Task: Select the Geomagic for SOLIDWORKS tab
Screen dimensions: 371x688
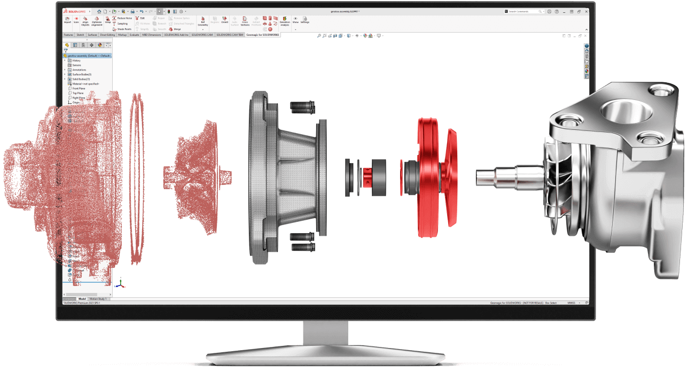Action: click(262, 35)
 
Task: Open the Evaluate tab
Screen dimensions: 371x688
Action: click(134, 35)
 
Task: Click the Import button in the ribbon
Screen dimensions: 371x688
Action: click(67, 20)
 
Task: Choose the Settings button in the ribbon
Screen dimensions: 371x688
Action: click(304, 20)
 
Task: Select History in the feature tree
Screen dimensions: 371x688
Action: click(76, 60)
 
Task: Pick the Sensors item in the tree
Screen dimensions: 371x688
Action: click(76, 65)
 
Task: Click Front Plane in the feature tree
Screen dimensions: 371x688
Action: click(78, 88)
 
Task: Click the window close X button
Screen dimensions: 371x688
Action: click(585, 11)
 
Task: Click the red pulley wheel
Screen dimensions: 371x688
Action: click(432, 176)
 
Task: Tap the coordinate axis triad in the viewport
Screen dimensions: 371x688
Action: click(121, 284)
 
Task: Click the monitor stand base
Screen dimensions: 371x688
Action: click(325, 357)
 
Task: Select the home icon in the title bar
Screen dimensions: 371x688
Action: click(99, 11)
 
